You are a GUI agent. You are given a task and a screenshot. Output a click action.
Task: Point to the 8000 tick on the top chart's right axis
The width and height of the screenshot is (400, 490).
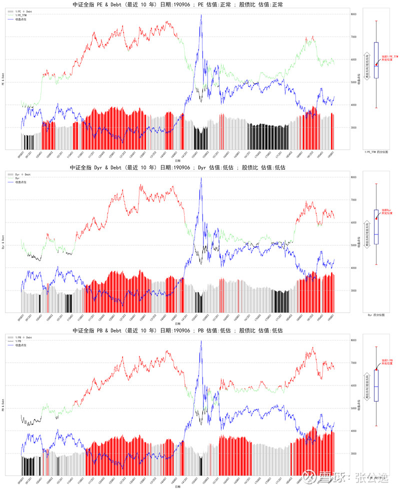coord(353,14)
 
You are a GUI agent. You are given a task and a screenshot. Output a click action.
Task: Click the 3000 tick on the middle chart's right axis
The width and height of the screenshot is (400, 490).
coord(353,290)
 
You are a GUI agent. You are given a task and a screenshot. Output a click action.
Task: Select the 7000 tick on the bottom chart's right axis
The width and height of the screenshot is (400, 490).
coord(353,363)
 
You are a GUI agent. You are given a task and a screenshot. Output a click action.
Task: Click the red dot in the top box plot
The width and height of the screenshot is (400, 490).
coord(376,64)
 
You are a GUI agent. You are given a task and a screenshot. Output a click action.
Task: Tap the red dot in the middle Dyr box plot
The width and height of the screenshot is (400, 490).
coord(376,218)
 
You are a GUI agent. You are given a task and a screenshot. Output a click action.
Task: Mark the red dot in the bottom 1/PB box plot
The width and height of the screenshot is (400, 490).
coord(376,369)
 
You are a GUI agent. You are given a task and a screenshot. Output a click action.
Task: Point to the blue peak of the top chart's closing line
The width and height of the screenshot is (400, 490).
coord(201,15)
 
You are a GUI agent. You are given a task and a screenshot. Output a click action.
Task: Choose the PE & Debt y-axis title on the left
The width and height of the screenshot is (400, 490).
coord(3,79)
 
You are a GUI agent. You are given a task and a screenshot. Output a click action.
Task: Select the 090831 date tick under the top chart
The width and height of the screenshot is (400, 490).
coord(21,156)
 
